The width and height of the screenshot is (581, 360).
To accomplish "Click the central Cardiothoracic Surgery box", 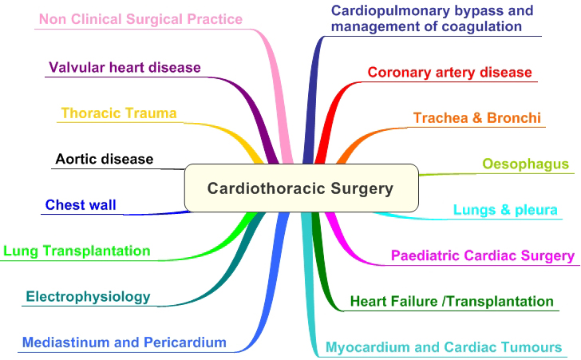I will (301, 188).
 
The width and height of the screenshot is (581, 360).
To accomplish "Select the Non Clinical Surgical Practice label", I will (140, 18).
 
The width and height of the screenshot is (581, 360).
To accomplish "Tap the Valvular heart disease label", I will (125, 67).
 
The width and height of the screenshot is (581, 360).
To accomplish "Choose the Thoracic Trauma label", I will (119, 113).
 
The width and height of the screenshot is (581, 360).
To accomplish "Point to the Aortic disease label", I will (104, 159).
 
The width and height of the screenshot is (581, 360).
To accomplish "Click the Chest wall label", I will (81, 205).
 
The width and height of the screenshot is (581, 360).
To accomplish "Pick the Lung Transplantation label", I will (77, 251).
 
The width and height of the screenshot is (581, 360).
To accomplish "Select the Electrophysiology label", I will (88, 297).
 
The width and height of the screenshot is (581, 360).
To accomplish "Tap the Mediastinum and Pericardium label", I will (125, 343).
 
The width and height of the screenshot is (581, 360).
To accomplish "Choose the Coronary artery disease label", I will (449, 73).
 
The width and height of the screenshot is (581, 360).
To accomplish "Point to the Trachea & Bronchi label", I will (477, 118).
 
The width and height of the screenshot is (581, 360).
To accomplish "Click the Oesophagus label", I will (525, 164).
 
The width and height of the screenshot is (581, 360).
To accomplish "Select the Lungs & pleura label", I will (505, 211).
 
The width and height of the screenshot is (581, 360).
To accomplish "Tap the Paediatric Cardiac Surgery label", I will (482, 256).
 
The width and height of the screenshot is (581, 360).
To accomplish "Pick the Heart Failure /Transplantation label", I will (452, 302).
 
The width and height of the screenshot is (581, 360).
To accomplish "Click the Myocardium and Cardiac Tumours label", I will (444, 348).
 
